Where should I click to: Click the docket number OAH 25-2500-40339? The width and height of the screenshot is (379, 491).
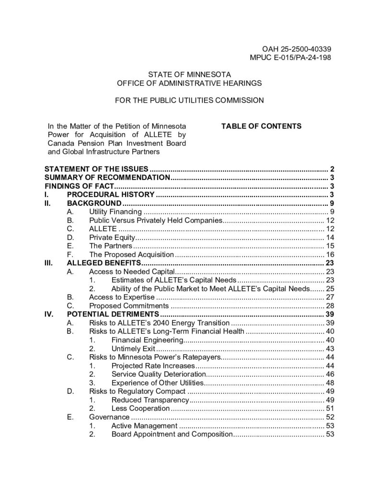pos(297,49)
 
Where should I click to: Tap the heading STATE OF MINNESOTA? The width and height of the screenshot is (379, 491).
pos(189,75)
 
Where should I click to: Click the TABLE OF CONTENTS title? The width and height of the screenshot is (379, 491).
pos(261,126)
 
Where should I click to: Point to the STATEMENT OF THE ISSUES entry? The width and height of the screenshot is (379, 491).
pos(97,169)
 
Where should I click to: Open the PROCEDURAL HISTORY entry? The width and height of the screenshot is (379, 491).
pos(111,194)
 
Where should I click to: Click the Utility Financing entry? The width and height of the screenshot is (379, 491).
pos(115,211)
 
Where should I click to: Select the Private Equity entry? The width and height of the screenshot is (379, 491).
pos(112,237)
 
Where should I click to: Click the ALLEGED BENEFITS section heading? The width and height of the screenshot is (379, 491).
pos(103,263)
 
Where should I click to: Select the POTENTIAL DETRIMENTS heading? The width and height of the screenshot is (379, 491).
pos(113,315)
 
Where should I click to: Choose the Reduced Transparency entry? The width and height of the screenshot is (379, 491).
pos(148,400)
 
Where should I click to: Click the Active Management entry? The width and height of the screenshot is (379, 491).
pos(144,426)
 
